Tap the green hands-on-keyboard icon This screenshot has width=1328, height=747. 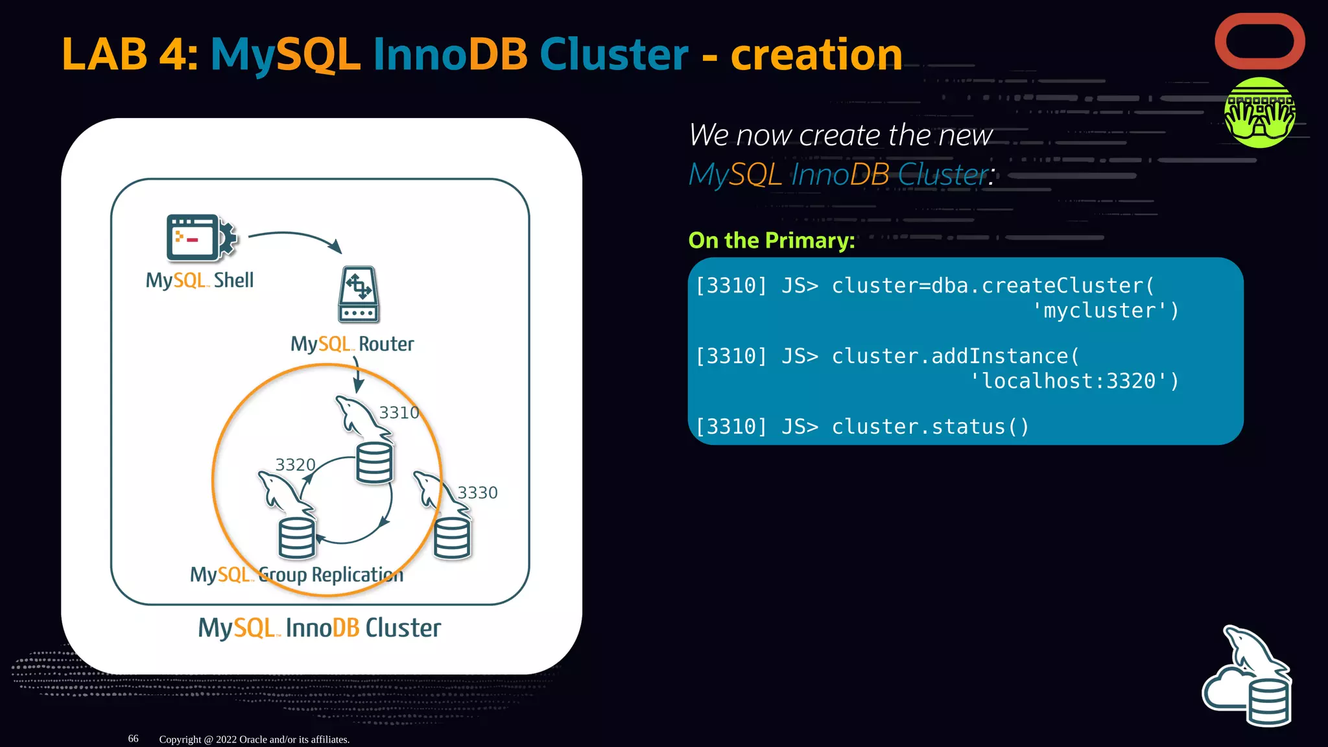click(1259, 113)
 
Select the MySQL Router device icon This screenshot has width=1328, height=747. click(359, 294)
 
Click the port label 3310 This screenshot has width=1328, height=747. click(399, 412)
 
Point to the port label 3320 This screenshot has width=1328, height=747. click(295, 465)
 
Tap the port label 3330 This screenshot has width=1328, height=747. click(477, 493)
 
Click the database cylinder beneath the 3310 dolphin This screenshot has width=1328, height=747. click(374, 462)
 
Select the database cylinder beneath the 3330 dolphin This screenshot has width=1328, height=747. click(452, 538)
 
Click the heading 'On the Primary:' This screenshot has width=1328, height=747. click(771, 241)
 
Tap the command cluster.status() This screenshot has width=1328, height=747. click(930, 427)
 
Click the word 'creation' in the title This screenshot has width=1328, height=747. click(816, 54)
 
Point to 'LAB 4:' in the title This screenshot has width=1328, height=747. click(129, 54)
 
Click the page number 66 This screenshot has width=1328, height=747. click(133, 739)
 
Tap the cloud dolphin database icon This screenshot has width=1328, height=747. click(1248, 678)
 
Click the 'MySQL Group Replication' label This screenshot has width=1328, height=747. click(296, 575)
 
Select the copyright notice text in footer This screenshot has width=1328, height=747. click(254, 739)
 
